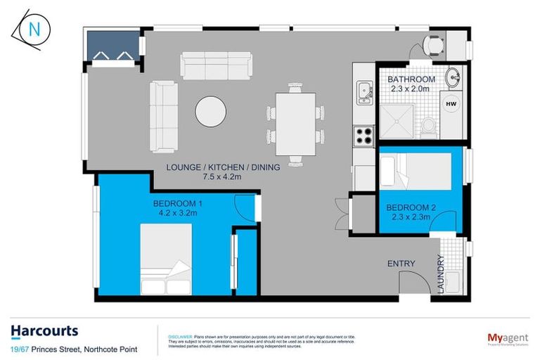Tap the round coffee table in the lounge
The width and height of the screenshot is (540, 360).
[210, 112]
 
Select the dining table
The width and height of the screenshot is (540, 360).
[295, 123]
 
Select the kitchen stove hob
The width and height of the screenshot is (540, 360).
[364, 134]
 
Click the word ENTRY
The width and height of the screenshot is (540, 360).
[401, 264]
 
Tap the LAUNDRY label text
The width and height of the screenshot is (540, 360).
[441, 274]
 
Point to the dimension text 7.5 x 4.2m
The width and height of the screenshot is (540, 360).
[222, 178]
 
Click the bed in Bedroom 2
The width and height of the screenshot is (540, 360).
[415, 171]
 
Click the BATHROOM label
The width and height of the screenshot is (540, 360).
[411, 79]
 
